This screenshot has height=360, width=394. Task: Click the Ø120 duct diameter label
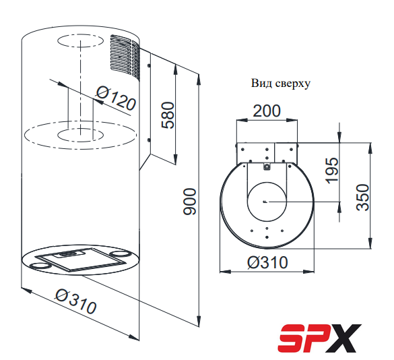(x=116, y=98)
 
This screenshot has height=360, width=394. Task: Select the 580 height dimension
(x=168, y=115)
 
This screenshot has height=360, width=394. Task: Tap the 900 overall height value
(x=189, y=202)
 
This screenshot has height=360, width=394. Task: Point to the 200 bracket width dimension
(x=267, y=111)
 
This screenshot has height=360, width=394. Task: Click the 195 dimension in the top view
(x=331, y=171)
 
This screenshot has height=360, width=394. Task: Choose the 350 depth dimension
(x=363, y=198)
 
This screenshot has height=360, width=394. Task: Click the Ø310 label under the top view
(x=267, y=262)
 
